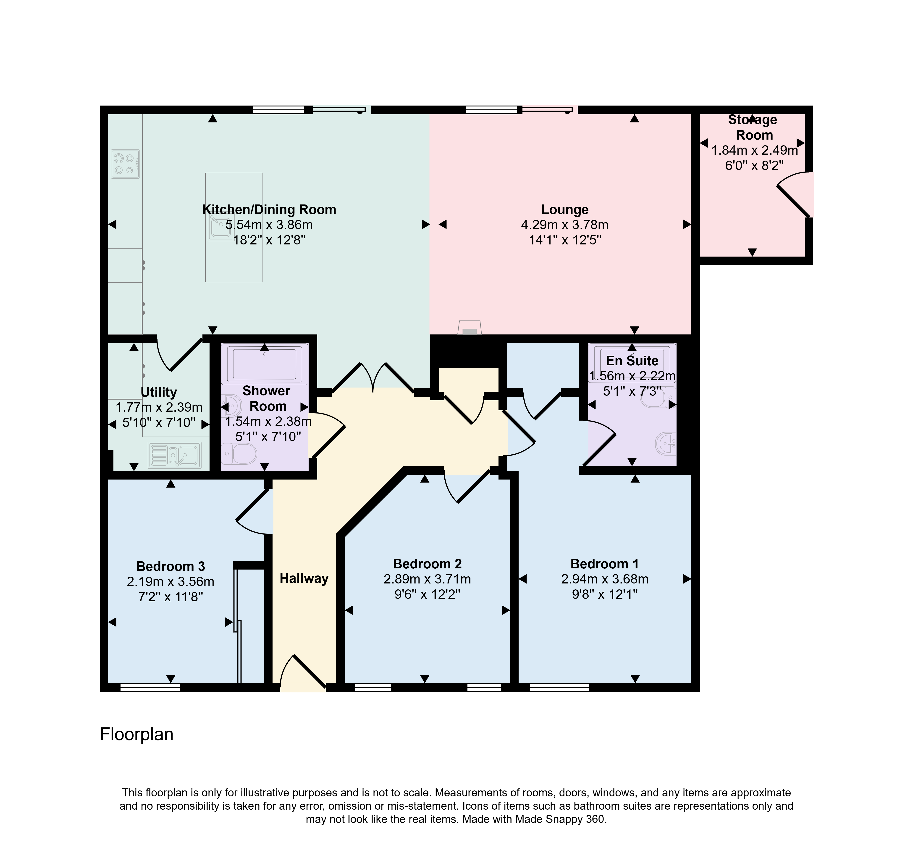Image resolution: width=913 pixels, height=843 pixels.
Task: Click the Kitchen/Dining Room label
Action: (x=269, y=210)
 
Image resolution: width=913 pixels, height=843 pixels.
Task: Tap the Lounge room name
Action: (x=565, y=210)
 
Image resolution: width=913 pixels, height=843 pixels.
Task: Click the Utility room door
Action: (x=179, y=353)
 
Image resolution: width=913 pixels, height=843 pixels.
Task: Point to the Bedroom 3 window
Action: (x=150, y=687)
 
